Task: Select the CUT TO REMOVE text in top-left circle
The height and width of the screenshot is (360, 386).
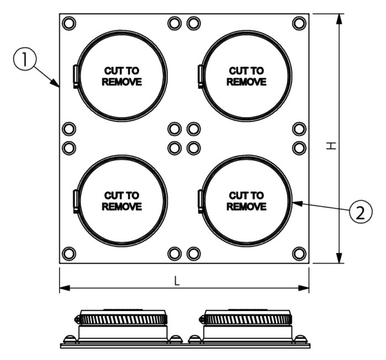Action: click(x=121, y=77)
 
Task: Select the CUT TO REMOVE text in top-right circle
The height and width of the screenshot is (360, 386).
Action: click(x=246, y=77)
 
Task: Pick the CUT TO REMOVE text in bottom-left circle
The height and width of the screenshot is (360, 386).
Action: click(x=121, y=201)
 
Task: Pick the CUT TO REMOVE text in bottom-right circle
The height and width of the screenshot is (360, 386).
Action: click(x=246, y=201)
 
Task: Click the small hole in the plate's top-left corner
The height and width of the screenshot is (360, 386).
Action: click(x=69, y=23)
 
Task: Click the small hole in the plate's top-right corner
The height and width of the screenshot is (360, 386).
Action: click(x=299, y=23)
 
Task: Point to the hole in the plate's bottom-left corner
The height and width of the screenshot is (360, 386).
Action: click(x=69, y=254)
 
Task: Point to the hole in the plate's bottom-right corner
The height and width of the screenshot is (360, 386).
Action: click(x=299, y=254)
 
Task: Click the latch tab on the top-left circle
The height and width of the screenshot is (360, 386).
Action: click(x=76, y=76)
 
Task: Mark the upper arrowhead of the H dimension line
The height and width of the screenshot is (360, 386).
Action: click(x=339, y=18)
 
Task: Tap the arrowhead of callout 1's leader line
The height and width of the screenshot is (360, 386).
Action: click(x=58, y=85)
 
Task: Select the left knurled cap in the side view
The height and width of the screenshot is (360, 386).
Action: click(x=123, y=318)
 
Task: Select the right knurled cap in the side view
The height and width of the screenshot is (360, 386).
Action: click(x=246, y=318)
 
